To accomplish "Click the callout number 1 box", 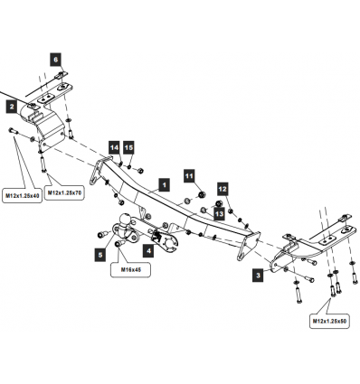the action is click(x=164, y=185).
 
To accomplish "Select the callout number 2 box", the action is click(x=12, y=107).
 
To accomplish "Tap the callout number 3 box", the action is click(x=258, y=276).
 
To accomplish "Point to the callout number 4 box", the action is click(x=149, y=250).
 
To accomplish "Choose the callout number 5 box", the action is click(x=100, y=255).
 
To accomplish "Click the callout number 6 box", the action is click(x=55, y=60).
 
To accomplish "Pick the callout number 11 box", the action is click(x=189, y=175).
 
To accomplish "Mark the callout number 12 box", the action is click(x=223, y=189).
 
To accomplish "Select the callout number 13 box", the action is click(x=220, y=214).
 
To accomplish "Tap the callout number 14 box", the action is click(x=114, y=147).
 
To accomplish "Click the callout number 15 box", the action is click(x=128, y=147).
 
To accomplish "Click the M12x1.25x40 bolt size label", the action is click(x=22, y=196).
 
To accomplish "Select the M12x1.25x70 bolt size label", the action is click(x=64, y=192).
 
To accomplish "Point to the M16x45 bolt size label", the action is click(x=130, y=270).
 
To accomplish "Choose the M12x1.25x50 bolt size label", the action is click(x=329, y=322).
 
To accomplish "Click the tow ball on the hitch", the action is click(x=125, y=220).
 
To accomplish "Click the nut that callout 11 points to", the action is click(x=203, y=194).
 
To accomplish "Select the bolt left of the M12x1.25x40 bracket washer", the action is click(x=14, y=131).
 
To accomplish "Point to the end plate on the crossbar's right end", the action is click(x=249, y=247).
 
